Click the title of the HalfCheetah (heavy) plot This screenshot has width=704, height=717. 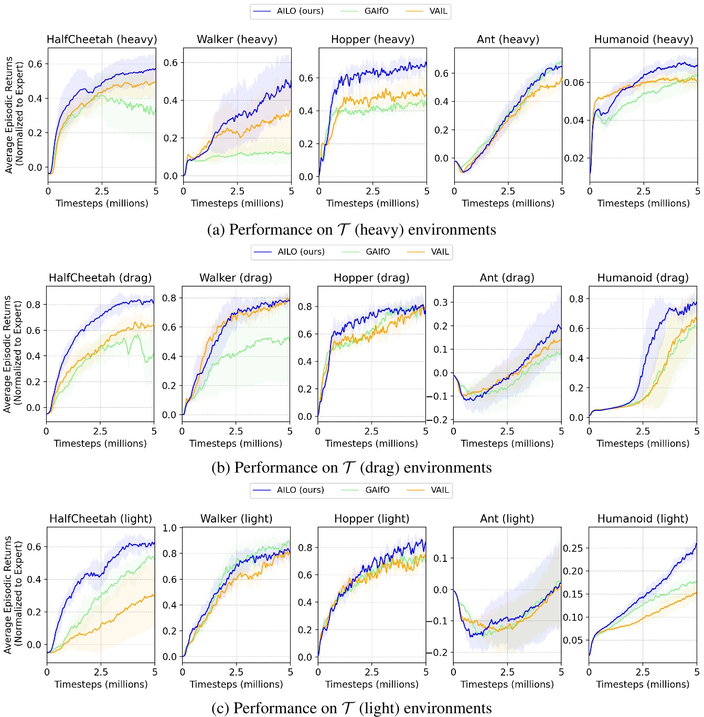(x=102, y=39)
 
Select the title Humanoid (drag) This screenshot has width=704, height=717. (x=643, y=278)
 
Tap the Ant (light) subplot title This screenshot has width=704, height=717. (x=507, y=518)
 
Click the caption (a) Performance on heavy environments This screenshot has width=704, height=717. (x=351, y=230)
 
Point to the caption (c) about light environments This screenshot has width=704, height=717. (x=351, y=708)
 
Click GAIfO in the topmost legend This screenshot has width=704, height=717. (x=376, y=11)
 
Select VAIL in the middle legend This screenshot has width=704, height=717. (x=440, y=252)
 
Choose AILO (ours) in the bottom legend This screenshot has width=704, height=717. (x=300, y=490)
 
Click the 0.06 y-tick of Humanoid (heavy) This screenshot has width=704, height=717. (x=574, y=82)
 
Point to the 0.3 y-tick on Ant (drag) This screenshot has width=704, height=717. (x=441, y=302)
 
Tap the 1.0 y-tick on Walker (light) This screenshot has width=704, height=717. (x=169, y=528)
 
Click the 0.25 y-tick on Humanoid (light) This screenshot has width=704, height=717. (x=572, y=548)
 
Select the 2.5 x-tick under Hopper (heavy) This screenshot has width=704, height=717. (x=372, y=191)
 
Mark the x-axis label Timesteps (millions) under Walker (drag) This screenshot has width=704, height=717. (x=236, y=443)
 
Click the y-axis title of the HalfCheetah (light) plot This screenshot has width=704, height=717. (x=13, y=594)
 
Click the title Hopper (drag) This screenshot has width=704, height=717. (x=371, y=278)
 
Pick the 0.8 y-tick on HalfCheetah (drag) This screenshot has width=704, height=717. (x=34, y=305)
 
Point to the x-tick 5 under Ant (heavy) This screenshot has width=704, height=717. (x=562, y=191)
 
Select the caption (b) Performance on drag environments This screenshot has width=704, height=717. (x=351, y=468)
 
